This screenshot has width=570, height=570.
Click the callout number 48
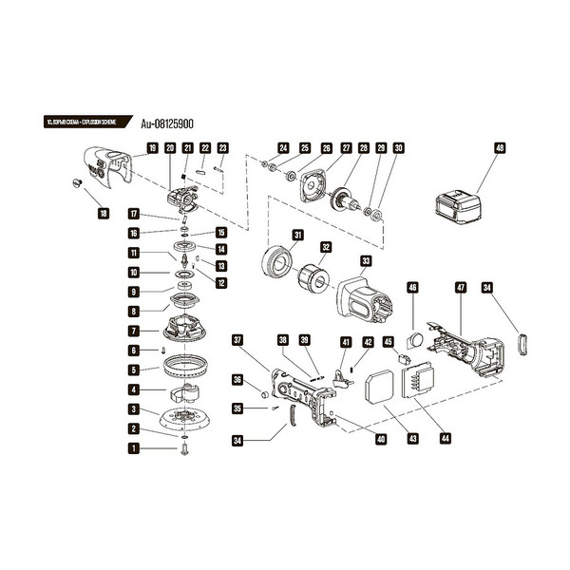[500, 147]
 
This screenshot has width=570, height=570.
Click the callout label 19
[152, 147]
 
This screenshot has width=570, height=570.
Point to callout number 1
[134, 447]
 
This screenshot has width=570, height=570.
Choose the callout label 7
[134, 332]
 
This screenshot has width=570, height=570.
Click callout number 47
[461, 287]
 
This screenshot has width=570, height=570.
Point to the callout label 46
[412, 287]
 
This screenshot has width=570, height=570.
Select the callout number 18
[103, 214]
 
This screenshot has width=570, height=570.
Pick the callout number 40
[380, 439]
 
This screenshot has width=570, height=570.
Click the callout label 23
[223, 147]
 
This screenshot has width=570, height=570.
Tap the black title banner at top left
[85, 123]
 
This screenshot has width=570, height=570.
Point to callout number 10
[134, 273]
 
